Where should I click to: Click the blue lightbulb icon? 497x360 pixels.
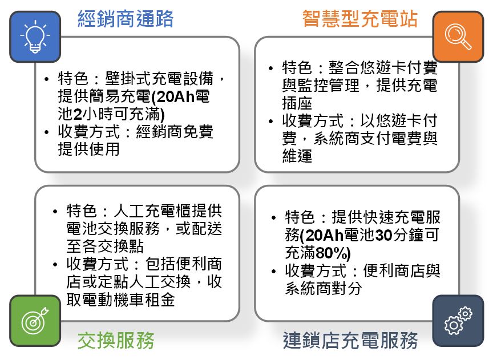pyautogui.click(x=35, y=37)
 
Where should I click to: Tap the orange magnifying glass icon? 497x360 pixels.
pyautogui.click(x=458, y=37)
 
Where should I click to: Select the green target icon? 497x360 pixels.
pyautogui.click(x=35, y=321)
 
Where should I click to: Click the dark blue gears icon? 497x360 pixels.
pyautogui.click(x=458, y=321)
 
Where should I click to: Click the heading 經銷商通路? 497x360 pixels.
pyautogui.click(x=126, y=19)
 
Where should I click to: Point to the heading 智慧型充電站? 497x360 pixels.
pyautogui.click(x=360, y=19)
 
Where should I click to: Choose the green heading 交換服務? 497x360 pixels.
pyautogui.click(x=116, y=341)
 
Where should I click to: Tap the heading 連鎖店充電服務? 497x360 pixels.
pyautogui.click(x=350, y=341)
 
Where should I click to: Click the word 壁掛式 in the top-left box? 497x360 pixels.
pyautogui.click(x=128, y=79)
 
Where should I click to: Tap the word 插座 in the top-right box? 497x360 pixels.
pyautogui.click(x=297, y=103)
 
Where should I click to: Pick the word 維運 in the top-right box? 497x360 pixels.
pyautogui.click(x=297, y=156)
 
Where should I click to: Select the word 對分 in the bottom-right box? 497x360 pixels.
pyautogui.click(x=346, y=288)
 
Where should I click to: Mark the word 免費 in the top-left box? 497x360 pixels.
pyautogui.click(x=199, y=132)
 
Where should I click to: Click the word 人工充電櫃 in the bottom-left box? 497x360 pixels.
pyautogui.click(x=152, y=211)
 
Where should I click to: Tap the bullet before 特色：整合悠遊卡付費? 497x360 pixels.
pyautogui.click(x=270, y=68)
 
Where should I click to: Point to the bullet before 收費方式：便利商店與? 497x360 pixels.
pyautogui.click(x=274, y=271)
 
